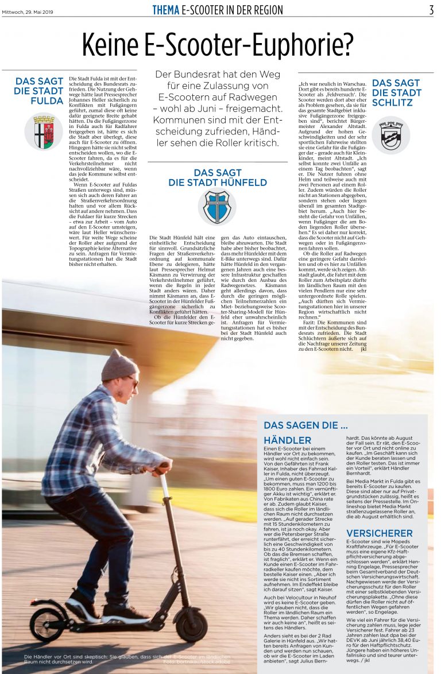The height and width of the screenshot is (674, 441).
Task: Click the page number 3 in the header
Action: coord(431,10)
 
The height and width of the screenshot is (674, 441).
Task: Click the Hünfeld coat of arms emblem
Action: coord(217,207)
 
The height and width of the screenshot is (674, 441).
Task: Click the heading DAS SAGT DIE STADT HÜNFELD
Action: coord(217,177)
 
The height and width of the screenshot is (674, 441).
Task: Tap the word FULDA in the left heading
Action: coord(47,100)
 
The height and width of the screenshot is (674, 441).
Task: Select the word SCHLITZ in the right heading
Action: coord(392,102)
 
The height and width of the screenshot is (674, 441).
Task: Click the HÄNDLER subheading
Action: coord(287,440)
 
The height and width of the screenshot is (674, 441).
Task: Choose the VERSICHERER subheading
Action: coord(379,533)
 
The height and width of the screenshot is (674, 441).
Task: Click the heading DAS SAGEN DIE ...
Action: coord(305,425)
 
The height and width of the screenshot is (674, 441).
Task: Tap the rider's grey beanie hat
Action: coord(118,366)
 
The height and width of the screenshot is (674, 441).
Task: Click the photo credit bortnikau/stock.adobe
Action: coord(196,661)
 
